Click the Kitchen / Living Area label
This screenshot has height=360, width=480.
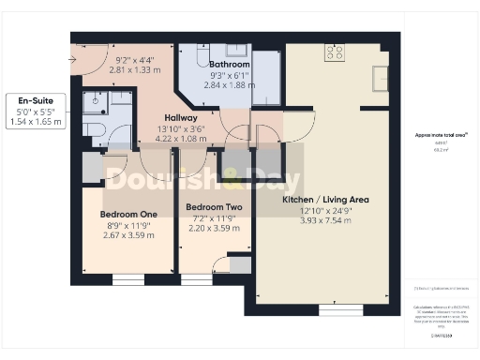325,200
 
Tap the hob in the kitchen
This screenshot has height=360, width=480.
334,52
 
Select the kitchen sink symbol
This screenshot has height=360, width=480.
381,76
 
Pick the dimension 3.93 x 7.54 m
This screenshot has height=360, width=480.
325,221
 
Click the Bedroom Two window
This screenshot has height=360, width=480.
196,278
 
